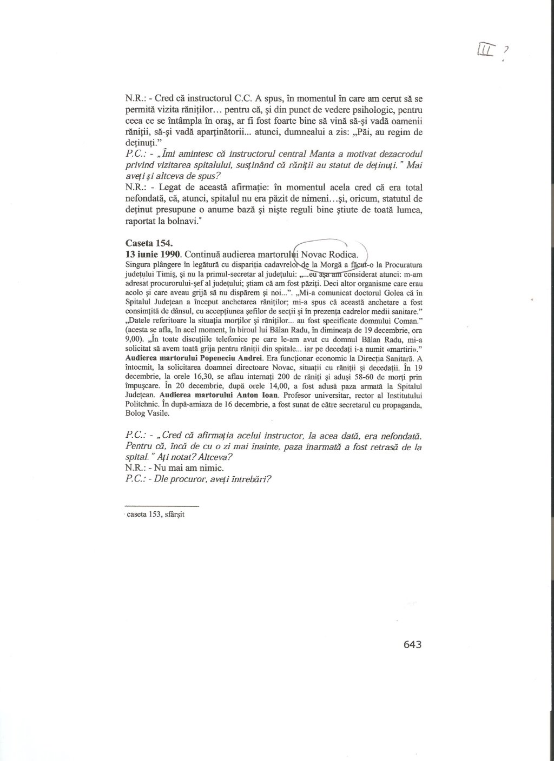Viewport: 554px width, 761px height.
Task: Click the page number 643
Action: pyautogui.click(x=412, y=644)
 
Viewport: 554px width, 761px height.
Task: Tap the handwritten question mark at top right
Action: pyautogui.click(x=506, y=50)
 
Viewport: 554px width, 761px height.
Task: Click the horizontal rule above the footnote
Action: pyautogui.click(x=162, y=506)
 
